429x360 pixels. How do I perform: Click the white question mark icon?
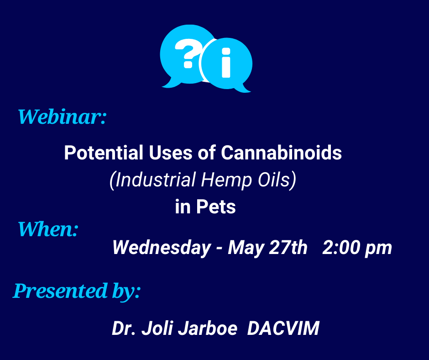click(188, 54)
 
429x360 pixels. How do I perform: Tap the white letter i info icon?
click(226, 63)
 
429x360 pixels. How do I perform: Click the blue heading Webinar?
click(62, 117)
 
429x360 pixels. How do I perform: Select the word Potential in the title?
click(104, 153)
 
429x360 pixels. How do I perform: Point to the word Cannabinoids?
click(281, 153)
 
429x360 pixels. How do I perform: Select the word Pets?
click(216, 206)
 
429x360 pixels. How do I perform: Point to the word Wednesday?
click(162, 248)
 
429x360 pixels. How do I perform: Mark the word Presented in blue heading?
click(60, 291)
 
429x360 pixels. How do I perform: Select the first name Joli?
click(157, 328)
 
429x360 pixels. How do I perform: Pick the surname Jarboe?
click(207, 328)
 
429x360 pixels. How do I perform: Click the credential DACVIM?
click(283, 328)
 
